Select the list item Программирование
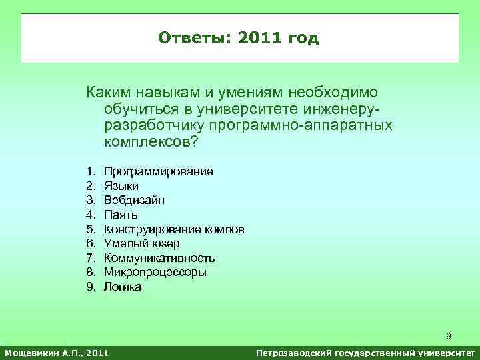pyautogui.click(x=159, y=171)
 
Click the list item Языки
pyautogui.click(x=121, y=186)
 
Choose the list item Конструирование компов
pyautogui.click(x=174, y=229)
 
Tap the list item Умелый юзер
pyautogui.click(x=141, y=243)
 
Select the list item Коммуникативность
pyautogui.click(x=159, y=258)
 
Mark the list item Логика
pyautogui.click(x=123, y=287)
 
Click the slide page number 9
pyautogui.click(x=449, y=336)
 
